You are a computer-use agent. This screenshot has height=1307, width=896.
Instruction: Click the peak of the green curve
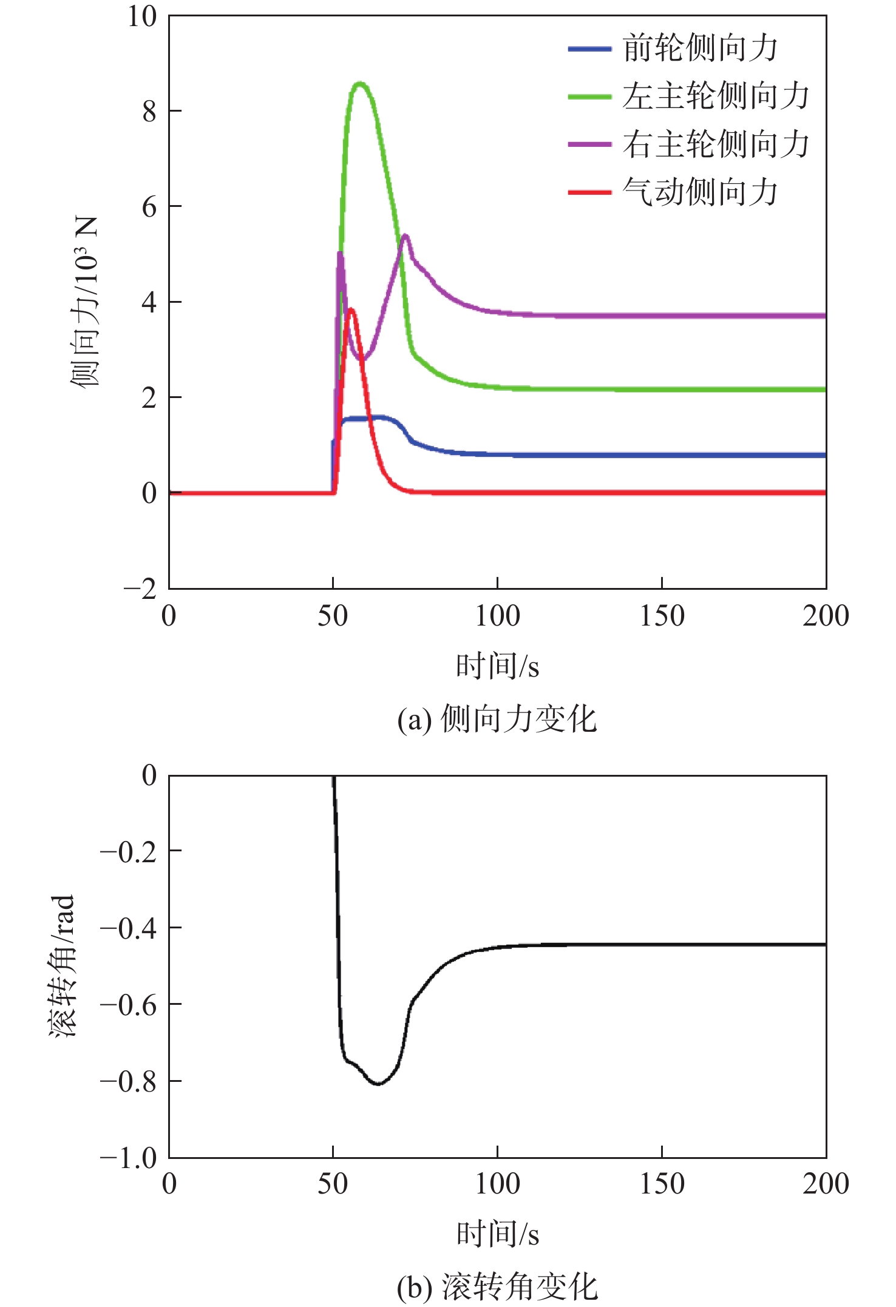coord(361,83)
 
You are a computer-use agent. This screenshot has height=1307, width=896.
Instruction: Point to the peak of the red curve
coord(351,310)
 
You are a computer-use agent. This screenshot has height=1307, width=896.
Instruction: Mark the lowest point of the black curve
coord(378,1084)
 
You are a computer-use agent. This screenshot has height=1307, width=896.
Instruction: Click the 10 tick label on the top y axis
coord(141,17)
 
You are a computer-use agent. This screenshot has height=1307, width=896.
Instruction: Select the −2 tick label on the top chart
coord(140,589)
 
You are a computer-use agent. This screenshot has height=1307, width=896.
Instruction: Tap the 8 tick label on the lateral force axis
coord(149,112)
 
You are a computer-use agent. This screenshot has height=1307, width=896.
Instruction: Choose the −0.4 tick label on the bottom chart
coord(128,928)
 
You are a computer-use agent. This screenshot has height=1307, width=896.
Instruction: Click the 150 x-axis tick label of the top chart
coord(662,616)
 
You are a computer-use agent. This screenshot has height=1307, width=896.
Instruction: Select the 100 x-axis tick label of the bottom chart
coord(497,1184)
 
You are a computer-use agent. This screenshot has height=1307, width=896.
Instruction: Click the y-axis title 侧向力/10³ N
coord(84,302)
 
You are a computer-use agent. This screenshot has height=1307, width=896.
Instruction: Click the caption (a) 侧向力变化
coord(497,720)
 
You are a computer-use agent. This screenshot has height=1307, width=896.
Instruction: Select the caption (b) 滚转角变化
coord(497,1288)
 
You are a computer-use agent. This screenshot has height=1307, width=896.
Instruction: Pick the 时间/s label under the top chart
coord(497,666)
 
